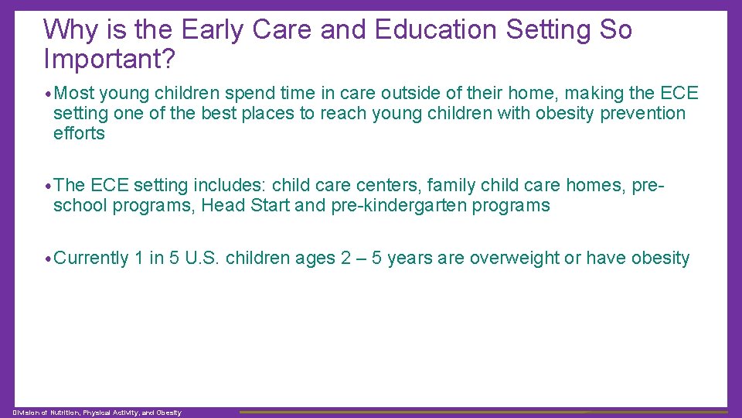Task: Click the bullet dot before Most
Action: pos(49,94)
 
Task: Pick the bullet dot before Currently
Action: pos(49,259)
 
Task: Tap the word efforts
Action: pos(78,133)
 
